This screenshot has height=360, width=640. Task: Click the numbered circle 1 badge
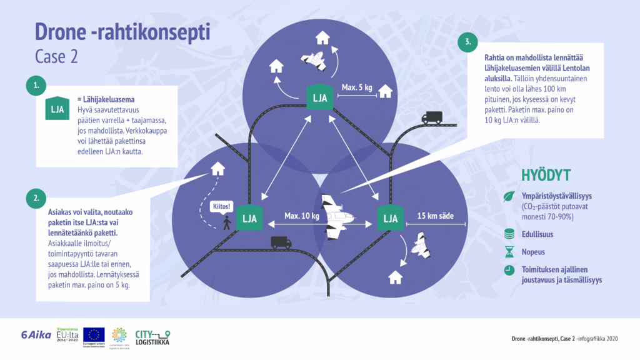click(x=37, y=86)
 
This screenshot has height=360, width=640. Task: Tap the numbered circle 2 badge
click(x=37, y=199)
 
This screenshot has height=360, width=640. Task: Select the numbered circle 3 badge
click(x=467, y=43)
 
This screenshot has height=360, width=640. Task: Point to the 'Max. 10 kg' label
click(x=302, y=216)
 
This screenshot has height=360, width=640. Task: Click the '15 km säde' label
click(x=434, y=217)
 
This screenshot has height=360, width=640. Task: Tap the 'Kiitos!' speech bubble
click(x=221, y=206)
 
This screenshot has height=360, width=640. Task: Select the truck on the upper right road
click(x=432, y=117)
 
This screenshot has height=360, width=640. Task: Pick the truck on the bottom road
click(x=281, y=242)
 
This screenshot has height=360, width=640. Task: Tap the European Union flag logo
click(x=94, y=334)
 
